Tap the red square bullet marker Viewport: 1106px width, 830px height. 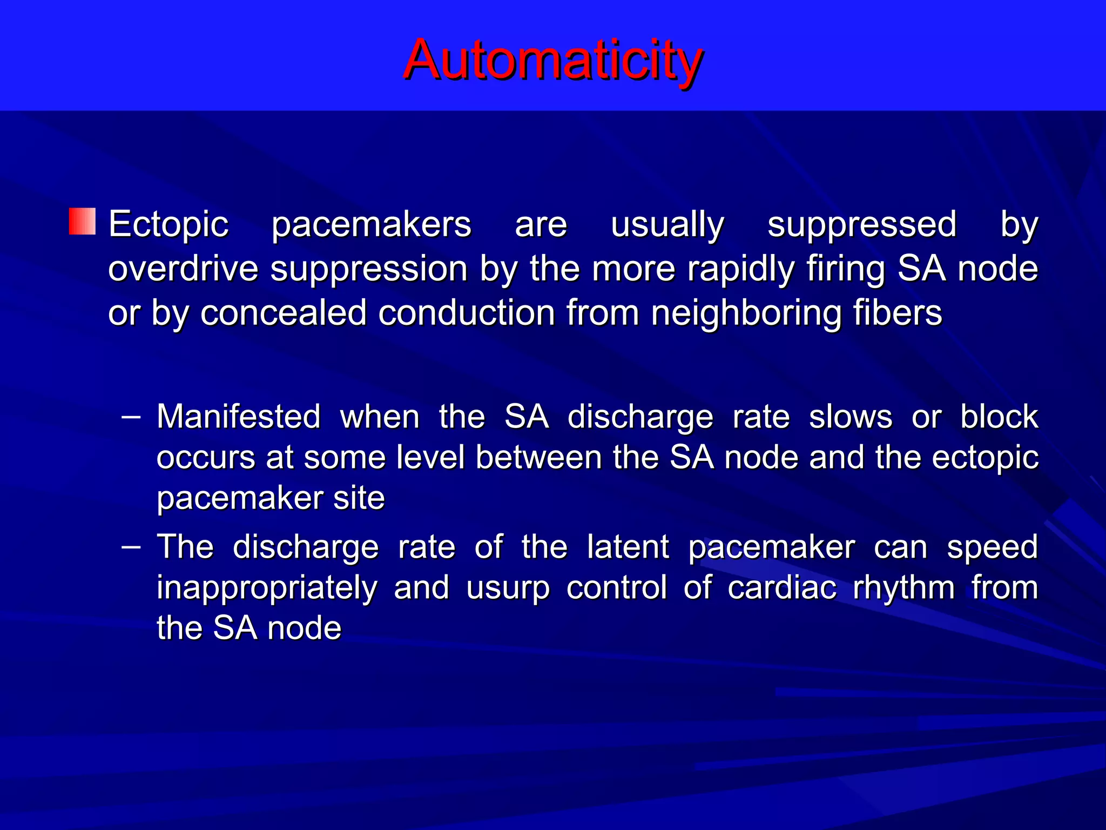(x=82, y=222)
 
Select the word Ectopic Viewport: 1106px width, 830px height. (x=168, y=224)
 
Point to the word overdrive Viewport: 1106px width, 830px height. (x=183, y=269)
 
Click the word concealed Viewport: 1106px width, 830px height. (x=284, y=313)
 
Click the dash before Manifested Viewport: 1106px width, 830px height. (x=131, y=417)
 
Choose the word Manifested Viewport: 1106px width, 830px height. (x=239, y=417)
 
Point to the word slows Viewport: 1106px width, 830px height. (x=851, y=417)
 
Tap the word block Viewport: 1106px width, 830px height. (x=999, y=417)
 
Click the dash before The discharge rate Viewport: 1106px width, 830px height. (x=131, y=547)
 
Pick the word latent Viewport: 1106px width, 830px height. (x=628, y=547)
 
